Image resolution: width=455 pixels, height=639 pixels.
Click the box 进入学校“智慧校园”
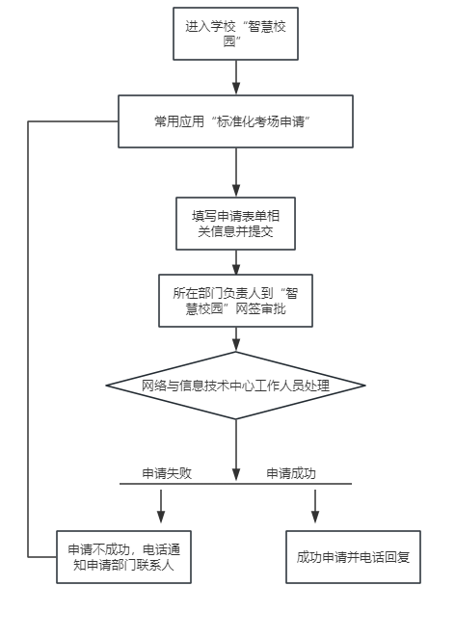tap(235, 34)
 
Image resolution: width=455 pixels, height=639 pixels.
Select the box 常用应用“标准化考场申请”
tap(235, 121)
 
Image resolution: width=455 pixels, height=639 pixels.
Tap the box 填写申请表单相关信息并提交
tap(235, 224)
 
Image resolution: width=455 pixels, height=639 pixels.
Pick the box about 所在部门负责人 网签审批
tap(235, 301)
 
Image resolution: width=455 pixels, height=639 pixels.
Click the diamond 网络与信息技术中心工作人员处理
tap(235, 386)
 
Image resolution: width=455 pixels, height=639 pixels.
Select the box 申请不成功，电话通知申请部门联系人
tap(124, 557)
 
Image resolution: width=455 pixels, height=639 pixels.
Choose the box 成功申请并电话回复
tap(353, 557)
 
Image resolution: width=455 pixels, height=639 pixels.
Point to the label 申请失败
tap(167, 473)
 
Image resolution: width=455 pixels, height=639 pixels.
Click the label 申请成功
tap(291, 473)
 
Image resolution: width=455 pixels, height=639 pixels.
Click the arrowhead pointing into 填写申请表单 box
tap(236, 191)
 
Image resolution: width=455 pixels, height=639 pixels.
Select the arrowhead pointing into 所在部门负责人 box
tap(236, 268)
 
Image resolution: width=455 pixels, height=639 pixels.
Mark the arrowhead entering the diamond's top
tap(236, 346)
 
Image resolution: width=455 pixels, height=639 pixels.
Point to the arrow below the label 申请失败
tap(161, 506)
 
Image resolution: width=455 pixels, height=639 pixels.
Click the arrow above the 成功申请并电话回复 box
tap(315, 506)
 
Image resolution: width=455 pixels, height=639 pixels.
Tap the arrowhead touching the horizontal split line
tap(236, 475)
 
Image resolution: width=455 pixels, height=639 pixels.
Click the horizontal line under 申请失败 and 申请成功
tap(235, 484)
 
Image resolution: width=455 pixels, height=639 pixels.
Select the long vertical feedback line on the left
tap(28, 339)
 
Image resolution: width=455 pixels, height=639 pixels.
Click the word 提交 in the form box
tap(260, 231)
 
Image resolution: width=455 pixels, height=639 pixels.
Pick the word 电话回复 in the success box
tap(385, 557)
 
